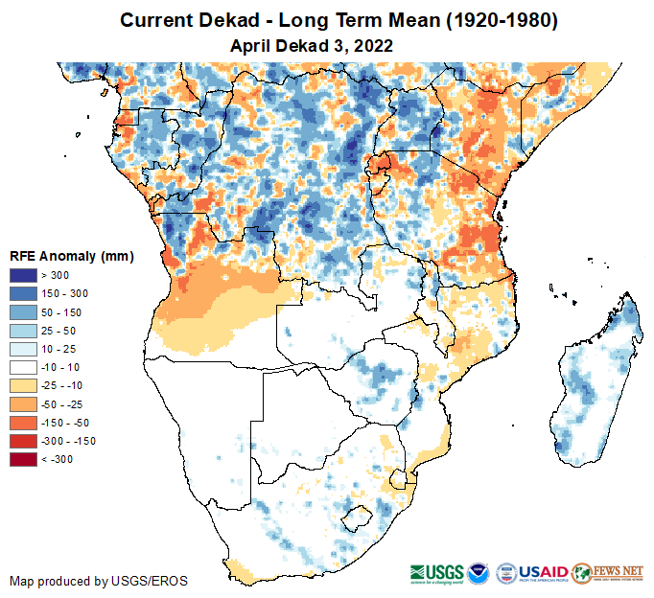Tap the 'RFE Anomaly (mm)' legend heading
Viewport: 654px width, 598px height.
71,256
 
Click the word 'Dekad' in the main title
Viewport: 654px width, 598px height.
226,21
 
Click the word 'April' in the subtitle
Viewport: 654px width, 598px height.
252,44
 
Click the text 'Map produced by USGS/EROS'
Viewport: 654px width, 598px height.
99,581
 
